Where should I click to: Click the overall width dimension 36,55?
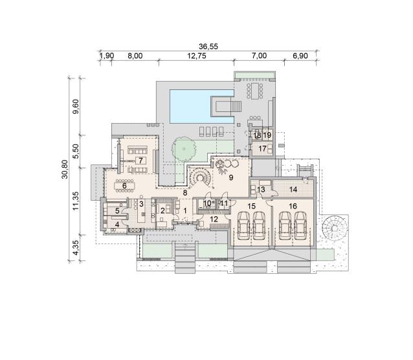click(x=208, y=47)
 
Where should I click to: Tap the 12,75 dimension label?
click(x=197, y=56)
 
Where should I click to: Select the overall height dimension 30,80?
click(x=65, y=169)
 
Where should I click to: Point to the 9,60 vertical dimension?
click(x=76, y=106)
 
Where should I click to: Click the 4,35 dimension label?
click(x=76, y=247)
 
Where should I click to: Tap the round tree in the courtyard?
click(x=184, y=149)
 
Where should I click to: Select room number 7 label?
click(x=140, y=160)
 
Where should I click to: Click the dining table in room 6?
click(x=124, y=186)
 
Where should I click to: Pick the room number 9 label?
click(x=231, y=177)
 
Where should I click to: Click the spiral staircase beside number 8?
click(x=200, y=177)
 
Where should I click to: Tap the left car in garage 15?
click(x=243, y=226)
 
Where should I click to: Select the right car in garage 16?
click(x=300, y=226)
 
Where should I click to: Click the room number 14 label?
click(x=293, y=189)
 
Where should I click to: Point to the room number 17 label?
click(x=262, y=149)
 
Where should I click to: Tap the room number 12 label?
click(x=214, y=219)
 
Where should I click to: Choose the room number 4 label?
click(x=117, y=225)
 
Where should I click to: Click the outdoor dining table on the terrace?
click(x=254, y=91)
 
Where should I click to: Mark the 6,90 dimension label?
click(x=300, y=56)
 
